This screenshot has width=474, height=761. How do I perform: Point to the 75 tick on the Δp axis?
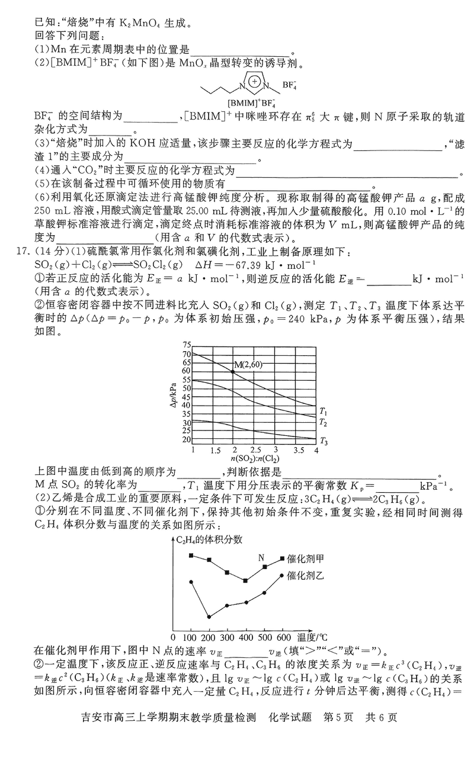[x=187, y=345]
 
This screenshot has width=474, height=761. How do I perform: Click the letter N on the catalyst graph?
[x=261, y=557]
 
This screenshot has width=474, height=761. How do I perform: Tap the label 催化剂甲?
[x=306, y=558]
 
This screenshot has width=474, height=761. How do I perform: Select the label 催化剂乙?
[x=306, y=574]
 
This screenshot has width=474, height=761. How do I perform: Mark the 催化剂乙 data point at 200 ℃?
[x=209, y=616]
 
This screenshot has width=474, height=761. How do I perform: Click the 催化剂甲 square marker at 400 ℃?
[x=245, y=580]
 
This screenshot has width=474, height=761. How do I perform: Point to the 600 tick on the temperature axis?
[x=283, y=637]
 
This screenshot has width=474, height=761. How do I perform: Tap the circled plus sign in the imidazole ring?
[x=254, y=81]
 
